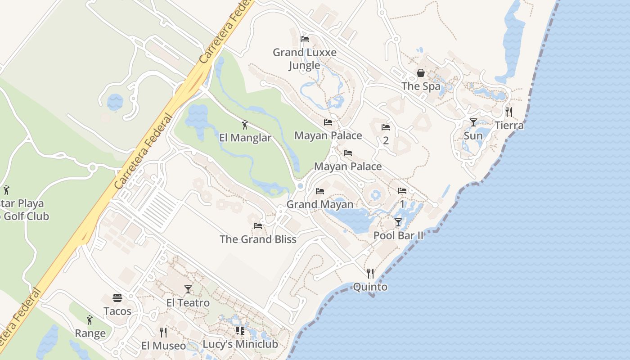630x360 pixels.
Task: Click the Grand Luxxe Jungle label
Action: pyautogui.click(x=305, y=59)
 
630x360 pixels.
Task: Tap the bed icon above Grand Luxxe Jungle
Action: pyautogui.click(x=305, y=39)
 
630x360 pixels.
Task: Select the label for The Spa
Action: pyautogui.click(x=421, y=86)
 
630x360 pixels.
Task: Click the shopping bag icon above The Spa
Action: pyautogui.click(x=421, y=73)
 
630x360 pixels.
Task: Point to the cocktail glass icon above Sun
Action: pyautogui.click(x=473, y=122)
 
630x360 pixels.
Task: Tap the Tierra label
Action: pyautogui.click(x=509, y=125)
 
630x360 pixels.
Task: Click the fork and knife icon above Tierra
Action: pyautogui.click(x=509, y=112)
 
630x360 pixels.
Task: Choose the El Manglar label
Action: pyautogui.click(x=245, y=138)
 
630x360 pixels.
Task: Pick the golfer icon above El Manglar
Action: pyautogui.click(x=245, y=125)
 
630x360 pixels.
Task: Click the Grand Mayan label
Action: pyautogui.click(x=320, y=204)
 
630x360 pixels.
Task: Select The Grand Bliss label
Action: pyautogui.click(x=258, y=239)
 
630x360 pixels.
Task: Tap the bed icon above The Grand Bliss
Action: pyautogui.click(x=258, y=226)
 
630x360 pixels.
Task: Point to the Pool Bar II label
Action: pyautogui.click(x=398, y=235)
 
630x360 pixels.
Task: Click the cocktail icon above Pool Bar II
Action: pyautogui.click(x=398, y=222)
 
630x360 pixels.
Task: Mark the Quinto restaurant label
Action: pyautogui.click(x=370, y=287)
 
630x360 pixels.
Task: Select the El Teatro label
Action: pyautogui.click(x=188, y=303)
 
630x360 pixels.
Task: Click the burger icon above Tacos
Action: pyautogui.click(x=117, y=298)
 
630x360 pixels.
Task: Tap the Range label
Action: pyautogui.click(x=90, y=333)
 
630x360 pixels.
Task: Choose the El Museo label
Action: pyautogui.click(x=163, y=346)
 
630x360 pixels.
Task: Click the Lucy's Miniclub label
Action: pyautogui.click(x=240, y=344)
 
